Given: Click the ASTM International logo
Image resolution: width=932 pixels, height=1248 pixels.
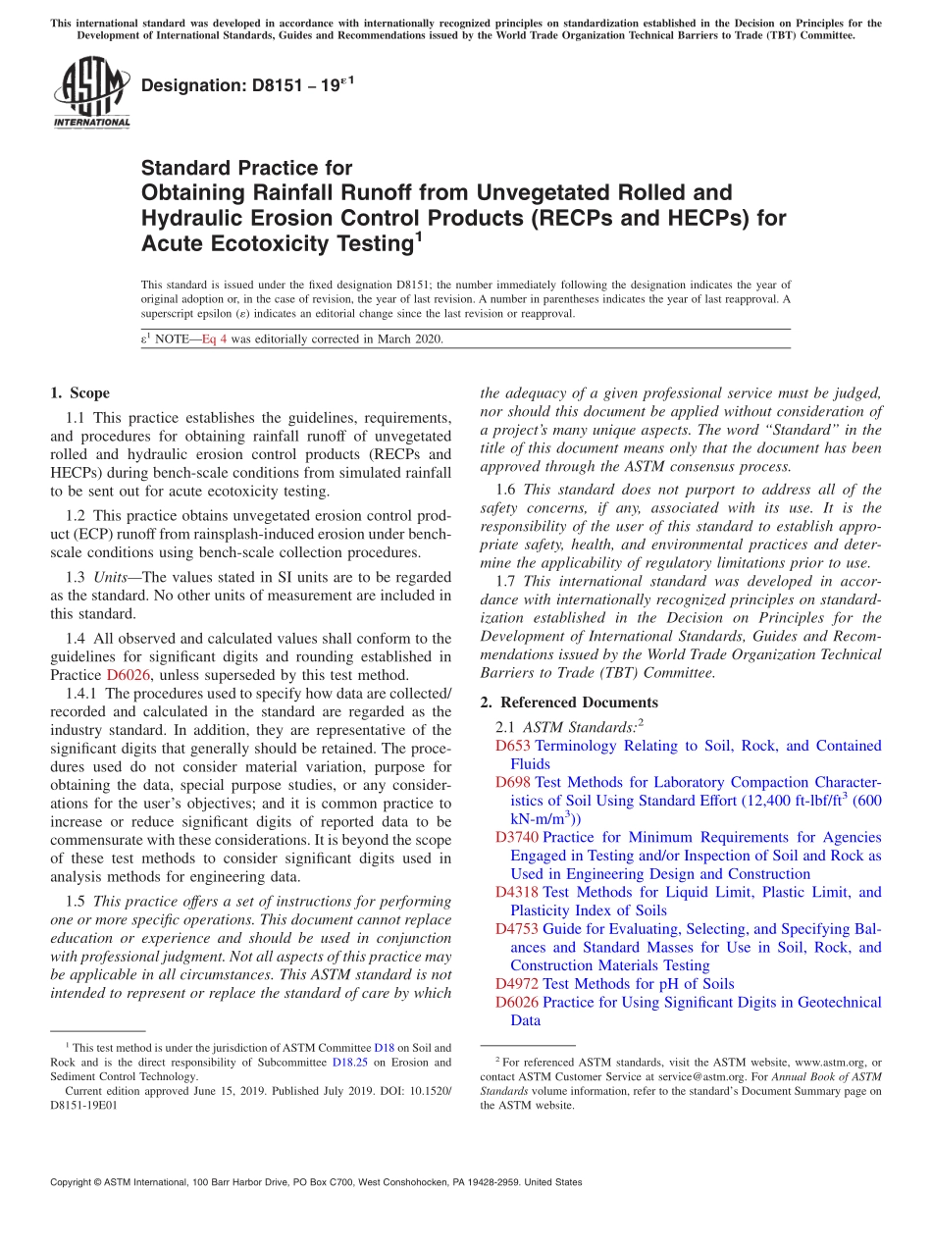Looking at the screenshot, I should click(x=90, y=93).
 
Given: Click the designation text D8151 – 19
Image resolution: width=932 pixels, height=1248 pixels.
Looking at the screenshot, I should click(x=247, y=85).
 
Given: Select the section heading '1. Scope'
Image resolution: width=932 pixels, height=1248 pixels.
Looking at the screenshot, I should click(x=79, y=393).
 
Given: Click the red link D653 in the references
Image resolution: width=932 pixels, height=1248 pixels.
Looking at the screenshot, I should click(x=512, y=746).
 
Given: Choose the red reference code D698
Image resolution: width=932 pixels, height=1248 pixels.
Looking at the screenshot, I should click(x=512, y=783).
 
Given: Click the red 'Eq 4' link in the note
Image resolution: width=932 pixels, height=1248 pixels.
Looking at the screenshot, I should click(x=216, y=339).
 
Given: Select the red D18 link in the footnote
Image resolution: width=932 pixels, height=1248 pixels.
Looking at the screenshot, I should click(x=384, y=1048).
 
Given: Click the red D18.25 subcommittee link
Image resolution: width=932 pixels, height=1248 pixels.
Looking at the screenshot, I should click(x=348, y=1063).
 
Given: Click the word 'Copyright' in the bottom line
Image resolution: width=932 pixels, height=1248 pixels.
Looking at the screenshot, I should click(x=74, y=1182).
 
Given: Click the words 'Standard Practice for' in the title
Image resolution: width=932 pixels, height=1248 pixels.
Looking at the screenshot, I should click(x=246, y=168).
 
